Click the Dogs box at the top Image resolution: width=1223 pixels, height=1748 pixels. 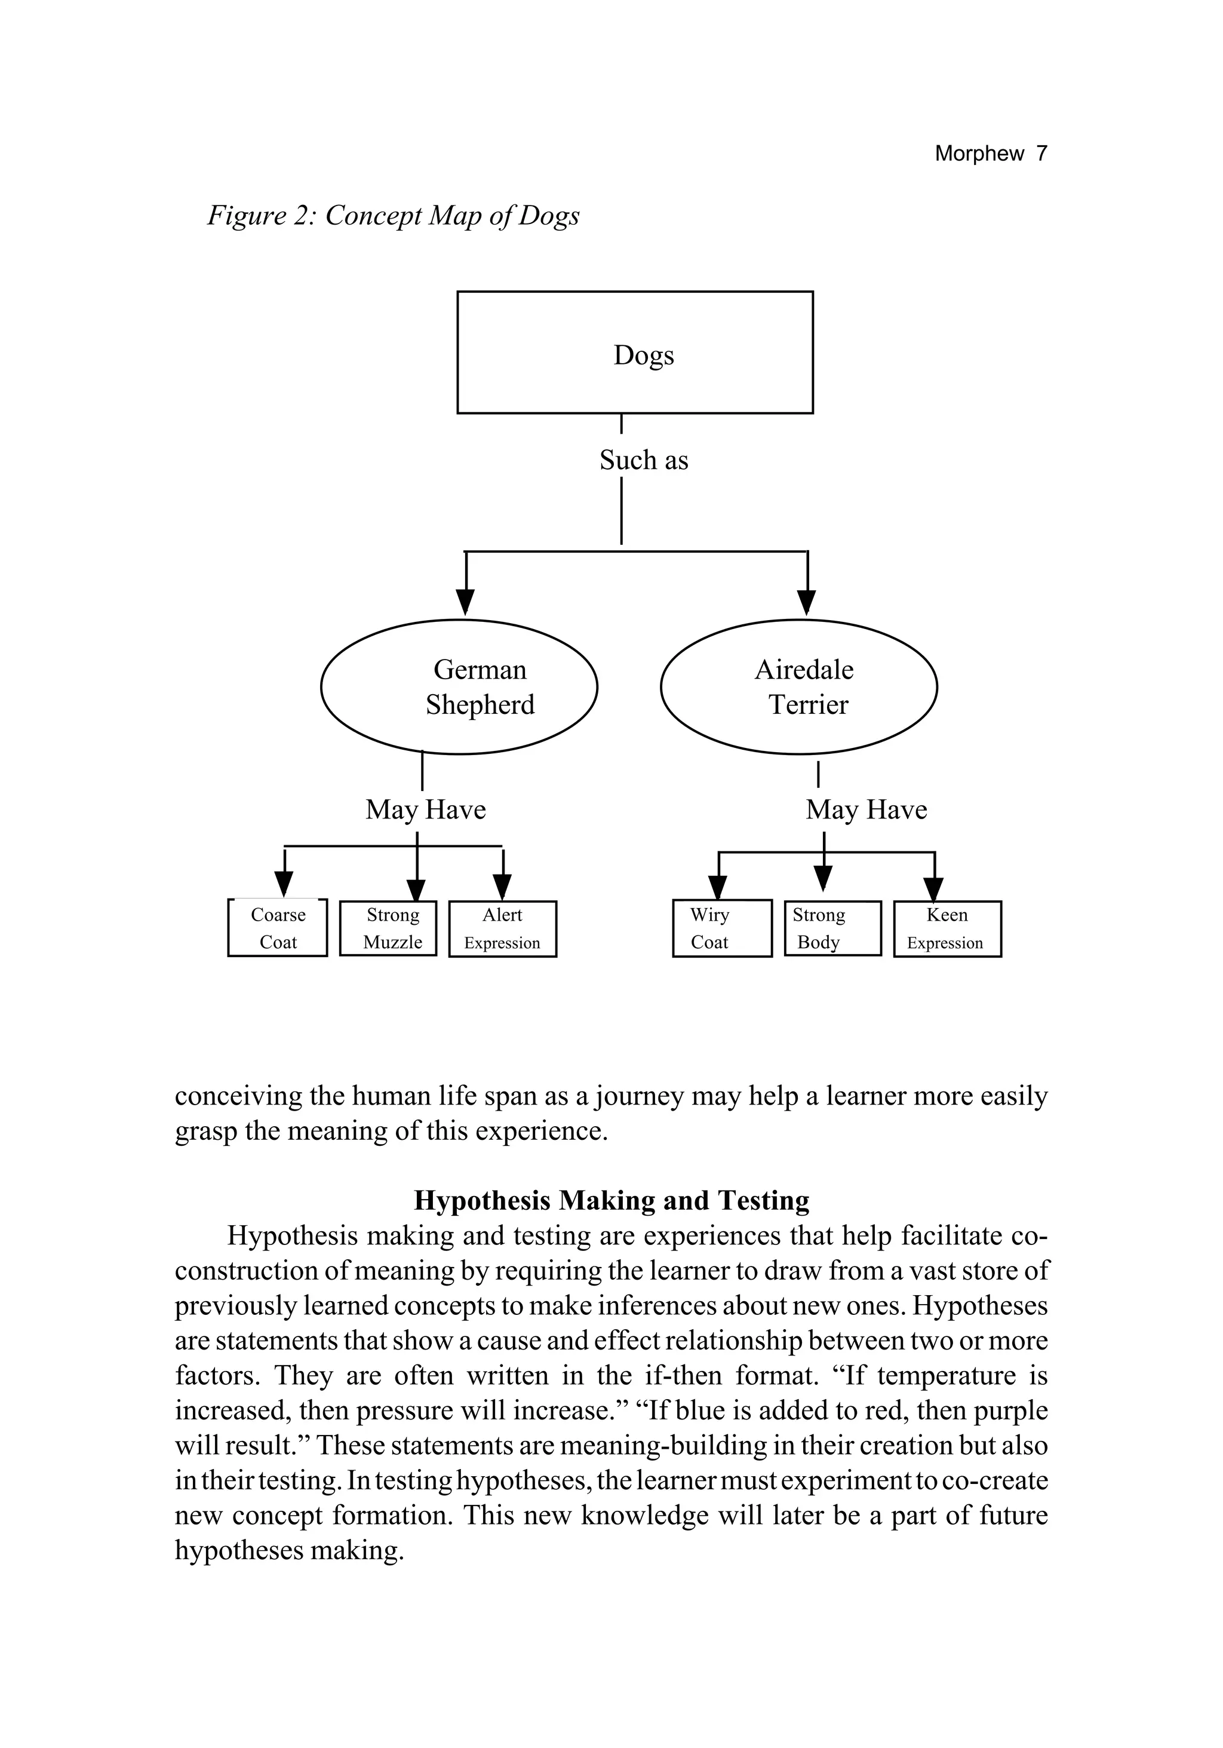(x=635, y=352)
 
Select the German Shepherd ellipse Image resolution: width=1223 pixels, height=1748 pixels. (x=459, y=687)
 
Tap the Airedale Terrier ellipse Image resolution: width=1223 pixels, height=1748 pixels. (x=798, y=687)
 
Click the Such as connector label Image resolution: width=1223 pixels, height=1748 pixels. (x=643, y=460)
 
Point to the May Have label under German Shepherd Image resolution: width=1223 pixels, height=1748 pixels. (x=425, y=809)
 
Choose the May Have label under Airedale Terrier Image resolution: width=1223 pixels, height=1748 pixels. (x=866, y=809)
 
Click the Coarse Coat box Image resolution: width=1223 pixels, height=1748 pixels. (x=278, y=928)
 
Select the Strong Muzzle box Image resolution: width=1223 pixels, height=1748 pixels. (x=388, y=928)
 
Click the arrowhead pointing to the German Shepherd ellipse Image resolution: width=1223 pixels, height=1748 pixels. (x=466, y=602)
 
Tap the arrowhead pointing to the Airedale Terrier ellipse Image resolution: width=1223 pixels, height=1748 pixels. (x=807, y=602)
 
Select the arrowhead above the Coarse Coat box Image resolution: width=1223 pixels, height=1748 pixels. (x=284, y=884)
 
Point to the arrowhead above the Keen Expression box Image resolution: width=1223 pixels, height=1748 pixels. (x=934, y=888)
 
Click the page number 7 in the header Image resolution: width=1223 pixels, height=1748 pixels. (x=1041, y=154)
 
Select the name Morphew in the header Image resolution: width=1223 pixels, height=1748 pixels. (x=979, y=154)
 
